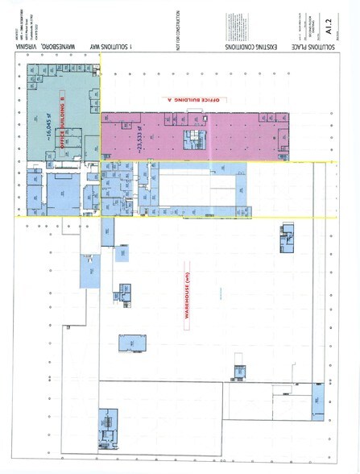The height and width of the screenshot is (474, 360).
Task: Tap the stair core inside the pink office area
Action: pos(195,138)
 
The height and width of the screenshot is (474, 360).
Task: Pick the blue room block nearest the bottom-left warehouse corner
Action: pos(107,422)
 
